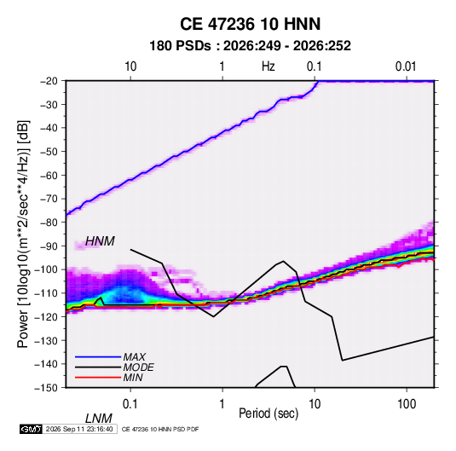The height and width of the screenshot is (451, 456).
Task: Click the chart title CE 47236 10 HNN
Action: [x=250, y=24]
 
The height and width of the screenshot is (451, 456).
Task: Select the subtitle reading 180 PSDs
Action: [x=180, y=46]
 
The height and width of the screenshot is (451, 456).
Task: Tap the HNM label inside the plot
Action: [x=100, y=241]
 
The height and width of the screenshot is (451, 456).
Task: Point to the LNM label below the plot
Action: [x=98, y=419]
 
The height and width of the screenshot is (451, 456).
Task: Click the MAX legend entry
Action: [x=135, y=356]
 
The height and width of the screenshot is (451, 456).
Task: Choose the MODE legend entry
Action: [x=138, y=367]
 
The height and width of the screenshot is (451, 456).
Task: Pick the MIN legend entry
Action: [x=133, y=378]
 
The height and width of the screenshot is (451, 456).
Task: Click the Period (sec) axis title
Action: [x=268, y=413]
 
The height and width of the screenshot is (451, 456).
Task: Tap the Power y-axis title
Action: [x=23, y=234]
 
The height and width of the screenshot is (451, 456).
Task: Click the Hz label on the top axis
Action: [x=268, y=66]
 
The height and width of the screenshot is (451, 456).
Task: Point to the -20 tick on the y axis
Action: [x=49, y=81]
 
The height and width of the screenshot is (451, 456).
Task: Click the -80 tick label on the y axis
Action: [x=49, y=223]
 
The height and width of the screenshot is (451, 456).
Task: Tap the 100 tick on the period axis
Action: [x=407, y=404]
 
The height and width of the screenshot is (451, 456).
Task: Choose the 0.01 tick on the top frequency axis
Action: [x=406, y=66]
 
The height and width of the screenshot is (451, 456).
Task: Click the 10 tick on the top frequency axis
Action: [x=130, y=66]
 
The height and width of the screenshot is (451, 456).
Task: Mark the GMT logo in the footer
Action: [x=31, y=429]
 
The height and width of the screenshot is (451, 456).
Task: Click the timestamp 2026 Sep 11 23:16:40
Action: [x=79, y=429]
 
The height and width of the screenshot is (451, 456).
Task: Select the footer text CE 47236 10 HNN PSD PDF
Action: [x=160, y=430]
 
